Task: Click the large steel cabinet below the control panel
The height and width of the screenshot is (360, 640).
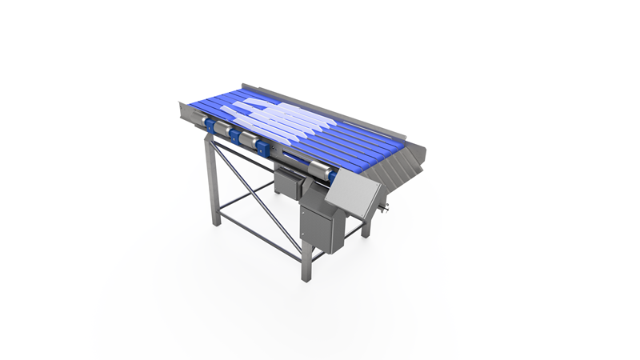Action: [x=318, y=226]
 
